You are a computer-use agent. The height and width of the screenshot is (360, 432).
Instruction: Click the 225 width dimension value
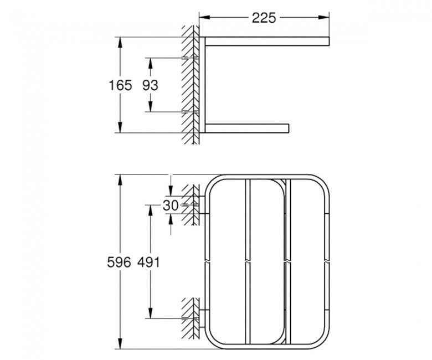tap(264, 17)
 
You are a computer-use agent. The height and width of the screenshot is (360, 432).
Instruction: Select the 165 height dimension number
tap(120, 85)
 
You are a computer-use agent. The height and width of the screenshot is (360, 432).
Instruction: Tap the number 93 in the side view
tap(150, 85)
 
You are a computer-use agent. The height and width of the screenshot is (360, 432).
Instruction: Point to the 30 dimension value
tap(171, 205)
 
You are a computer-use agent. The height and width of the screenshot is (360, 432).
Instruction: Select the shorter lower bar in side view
tap(246, 128)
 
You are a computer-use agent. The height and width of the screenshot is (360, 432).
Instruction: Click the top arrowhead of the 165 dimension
tap(120, 40)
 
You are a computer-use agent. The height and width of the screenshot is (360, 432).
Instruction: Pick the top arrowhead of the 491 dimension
tap(148, 207)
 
